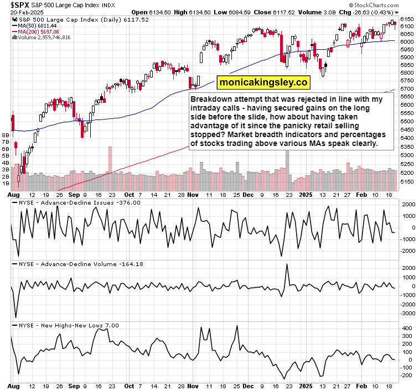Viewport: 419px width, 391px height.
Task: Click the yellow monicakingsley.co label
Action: pyautogui.click(x=263, y=82)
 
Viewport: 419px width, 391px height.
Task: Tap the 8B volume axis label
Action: pyautogui.click(x=7, y=135)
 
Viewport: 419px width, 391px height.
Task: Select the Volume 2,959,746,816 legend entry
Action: pyautogui.click(x=44, y=38)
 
